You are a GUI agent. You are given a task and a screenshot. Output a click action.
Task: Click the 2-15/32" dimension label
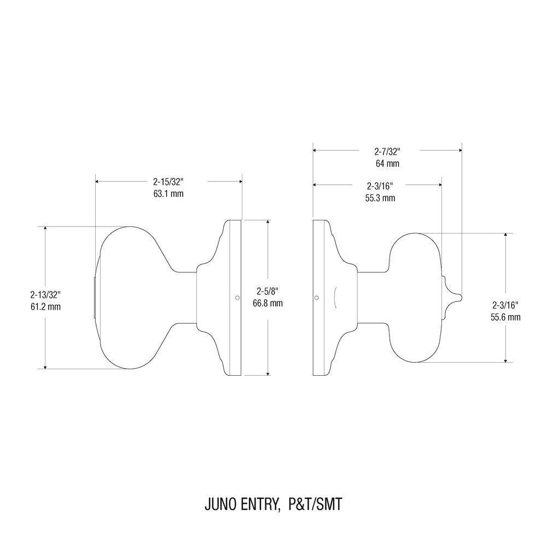click(168, 182)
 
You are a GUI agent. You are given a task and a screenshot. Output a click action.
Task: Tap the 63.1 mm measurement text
click(168, 194)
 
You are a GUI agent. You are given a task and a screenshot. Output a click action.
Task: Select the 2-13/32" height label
click(46, 295)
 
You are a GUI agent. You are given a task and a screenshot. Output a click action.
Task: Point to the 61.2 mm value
click(46, 307)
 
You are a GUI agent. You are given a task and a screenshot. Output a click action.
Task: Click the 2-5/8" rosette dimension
click(267, 291)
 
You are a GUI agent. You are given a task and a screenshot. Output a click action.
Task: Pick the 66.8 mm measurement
click(267, 303)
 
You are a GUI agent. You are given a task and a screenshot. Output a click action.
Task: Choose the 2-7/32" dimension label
click(387, 152)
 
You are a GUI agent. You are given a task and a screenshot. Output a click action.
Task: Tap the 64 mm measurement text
click(388, 163)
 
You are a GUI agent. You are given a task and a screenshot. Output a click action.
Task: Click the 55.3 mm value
click(380, 198)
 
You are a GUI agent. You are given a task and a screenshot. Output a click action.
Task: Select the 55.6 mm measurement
click(505, 317)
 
